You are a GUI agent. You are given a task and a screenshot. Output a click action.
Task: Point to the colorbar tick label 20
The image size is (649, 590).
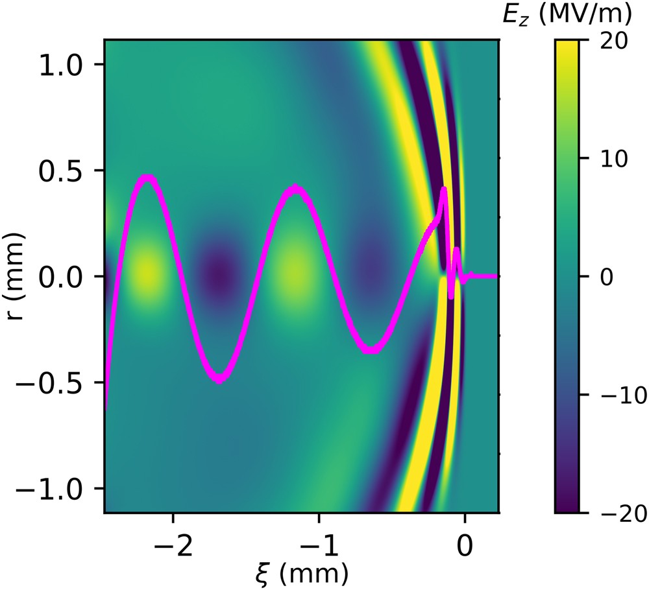coord(613,40)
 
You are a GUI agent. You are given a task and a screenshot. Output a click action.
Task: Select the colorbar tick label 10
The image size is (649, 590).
coord(613,158)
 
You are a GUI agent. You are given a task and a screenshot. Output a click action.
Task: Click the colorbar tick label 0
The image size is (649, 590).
coord(606,277)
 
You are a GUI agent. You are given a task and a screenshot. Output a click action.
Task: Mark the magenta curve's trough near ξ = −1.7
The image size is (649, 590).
coord(220,379)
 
